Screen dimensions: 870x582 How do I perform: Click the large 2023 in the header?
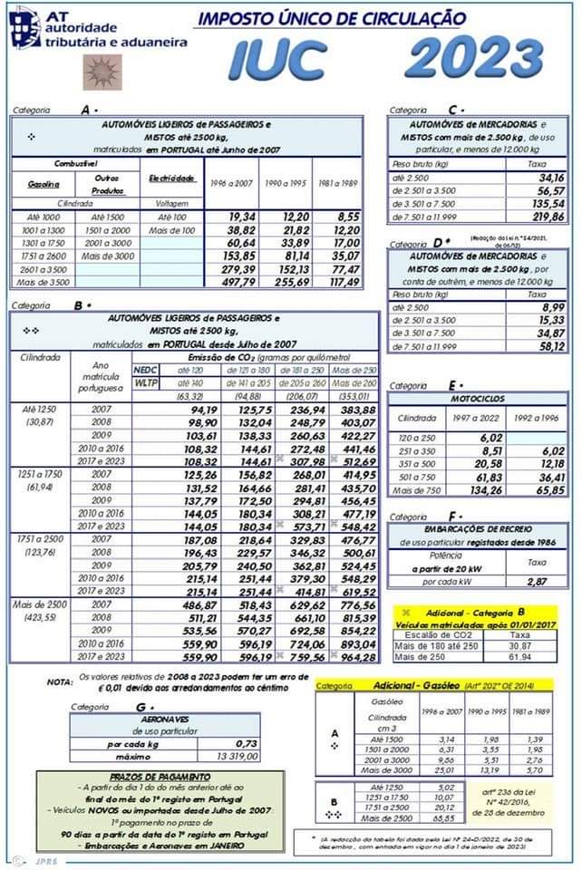481,56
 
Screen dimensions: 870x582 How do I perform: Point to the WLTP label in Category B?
145,383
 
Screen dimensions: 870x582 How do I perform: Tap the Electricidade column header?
171,179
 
